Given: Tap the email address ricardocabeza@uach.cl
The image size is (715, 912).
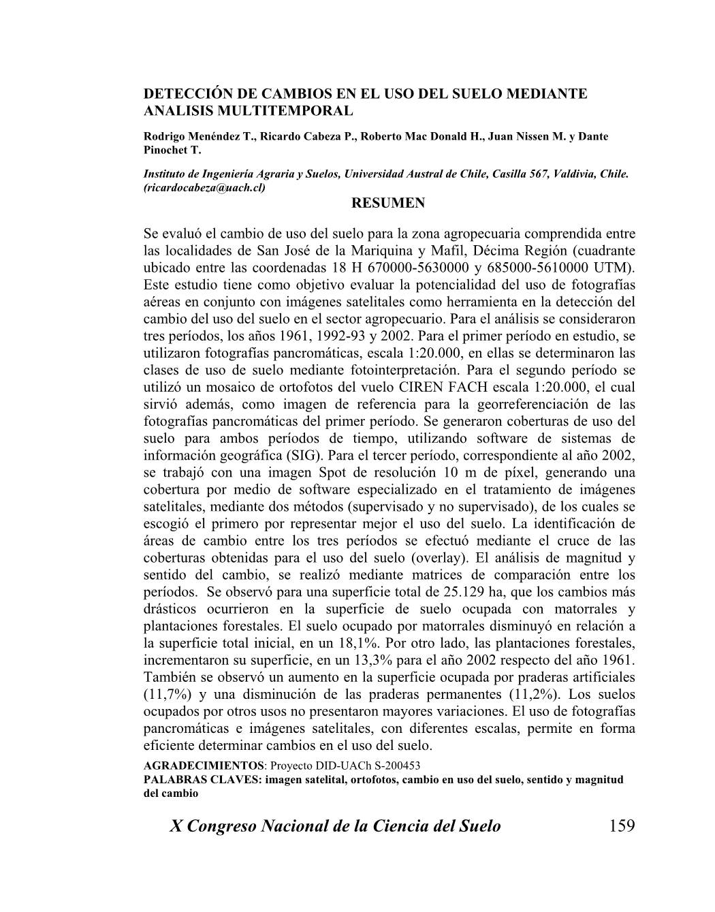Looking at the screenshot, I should click(x=204, y=187).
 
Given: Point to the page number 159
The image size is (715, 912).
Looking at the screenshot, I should click(x=621, y=826).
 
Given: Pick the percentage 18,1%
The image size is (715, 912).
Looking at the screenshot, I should click(x=359, y=643).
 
